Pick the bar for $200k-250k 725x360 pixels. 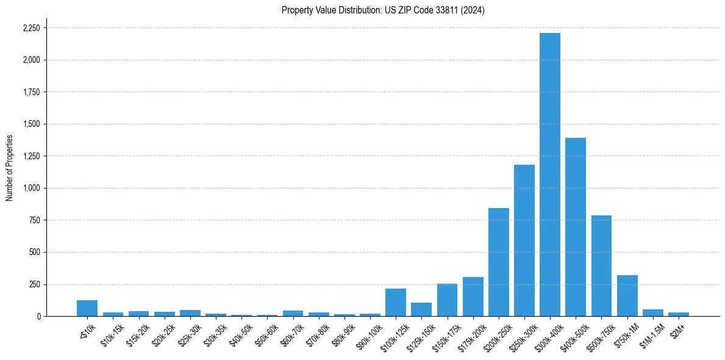pyautogui.click(x=499, y=262)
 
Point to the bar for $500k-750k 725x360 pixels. pyautogui.click(x=601, y=266)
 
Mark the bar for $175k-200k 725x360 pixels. pyautogui.click(x=473, y=297)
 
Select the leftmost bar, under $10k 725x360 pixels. pyautogui.click(x=87, y=308)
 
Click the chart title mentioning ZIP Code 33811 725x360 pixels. pyautogui.click(x=383, y=10)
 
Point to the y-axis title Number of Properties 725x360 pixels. pyautogui.click(x=10, y=167)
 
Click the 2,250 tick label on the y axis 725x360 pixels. pyautogui.click(x=31, y=28)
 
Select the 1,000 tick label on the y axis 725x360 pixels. pyautogui.click(x=31, y=188)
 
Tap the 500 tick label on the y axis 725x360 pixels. pyautogui.click(x=34, y=252)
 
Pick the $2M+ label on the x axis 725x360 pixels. pyautogui.click(x=678, y=328)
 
